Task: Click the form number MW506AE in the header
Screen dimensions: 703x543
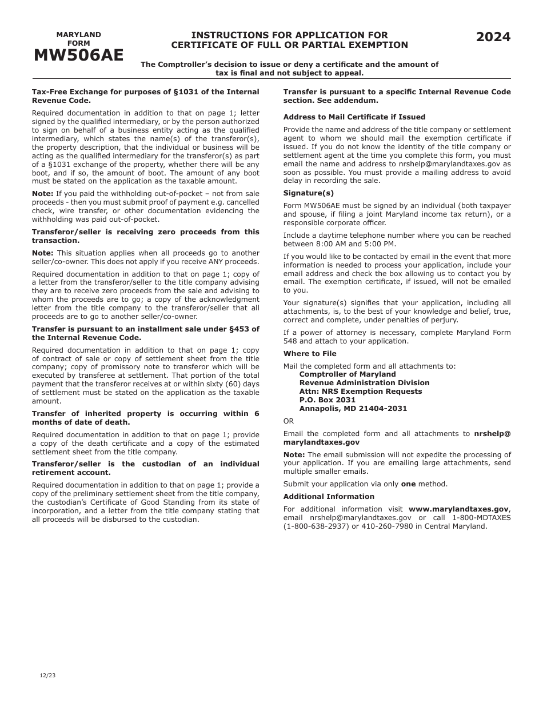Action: [78, 55]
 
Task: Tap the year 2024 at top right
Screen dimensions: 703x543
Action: [493, 37]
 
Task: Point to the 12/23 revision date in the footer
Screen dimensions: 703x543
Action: [48, 676]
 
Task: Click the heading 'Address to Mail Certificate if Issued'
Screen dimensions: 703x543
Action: [354, 117]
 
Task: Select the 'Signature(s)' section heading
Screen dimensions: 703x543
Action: [309, 193]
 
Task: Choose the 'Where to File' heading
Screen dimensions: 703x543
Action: [310, 354]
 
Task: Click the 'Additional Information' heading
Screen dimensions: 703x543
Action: [329, 497]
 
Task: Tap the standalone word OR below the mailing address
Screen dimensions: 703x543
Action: [289, 421]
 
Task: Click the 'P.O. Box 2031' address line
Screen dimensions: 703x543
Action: [328, 400]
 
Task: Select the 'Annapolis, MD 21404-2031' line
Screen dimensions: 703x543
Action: [353, 409]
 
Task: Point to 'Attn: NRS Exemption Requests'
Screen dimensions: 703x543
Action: [361, 392]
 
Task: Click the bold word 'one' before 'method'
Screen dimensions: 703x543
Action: [408, 484]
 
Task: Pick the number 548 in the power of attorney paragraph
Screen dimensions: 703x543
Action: [290, 341]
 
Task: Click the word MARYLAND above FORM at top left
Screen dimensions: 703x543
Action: [78, 35]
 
